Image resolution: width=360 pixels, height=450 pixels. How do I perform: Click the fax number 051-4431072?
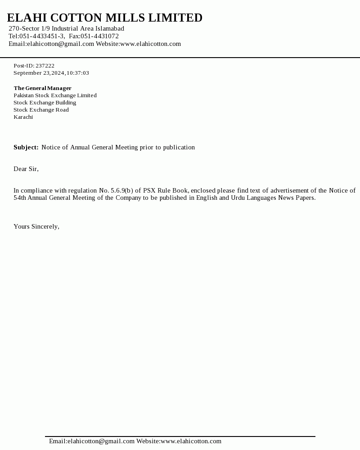pos(99,36)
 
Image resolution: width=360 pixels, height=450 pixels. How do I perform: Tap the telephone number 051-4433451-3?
pos(42,36)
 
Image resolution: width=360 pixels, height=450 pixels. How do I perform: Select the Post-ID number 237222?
pos(45,66)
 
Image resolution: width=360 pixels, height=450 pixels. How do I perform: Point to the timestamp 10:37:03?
pos(78,73)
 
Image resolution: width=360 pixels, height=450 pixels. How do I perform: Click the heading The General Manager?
pos(42,88)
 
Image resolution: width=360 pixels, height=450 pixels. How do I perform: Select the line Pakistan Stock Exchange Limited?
pos(55,95)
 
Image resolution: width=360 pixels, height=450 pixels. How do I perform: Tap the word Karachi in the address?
pos(23,117)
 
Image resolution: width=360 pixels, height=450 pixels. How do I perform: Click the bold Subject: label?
pos(26,147)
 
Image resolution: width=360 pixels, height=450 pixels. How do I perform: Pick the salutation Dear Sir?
pos(26,169)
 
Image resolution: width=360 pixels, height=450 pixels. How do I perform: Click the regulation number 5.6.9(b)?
pos(122,190)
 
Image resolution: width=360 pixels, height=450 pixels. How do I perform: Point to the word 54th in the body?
pos(20,198)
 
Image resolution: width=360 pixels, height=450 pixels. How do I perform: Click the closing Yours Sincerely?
pos(36,226)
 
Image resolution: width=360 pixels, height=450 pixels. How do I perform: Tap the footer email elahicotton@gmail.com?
pos(101,441)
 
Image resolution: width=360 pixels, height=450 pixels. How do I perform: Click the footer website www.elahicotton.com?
pos(191,441)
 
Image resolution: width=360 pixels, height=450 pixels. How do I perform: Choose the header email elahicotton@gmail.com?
pos(60,44)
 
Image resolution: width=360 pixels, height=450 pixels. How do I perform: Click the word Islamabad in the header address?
pos(109,28)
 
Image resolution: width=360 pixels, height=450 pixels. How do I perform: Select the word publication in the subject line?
pos(179,147)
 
